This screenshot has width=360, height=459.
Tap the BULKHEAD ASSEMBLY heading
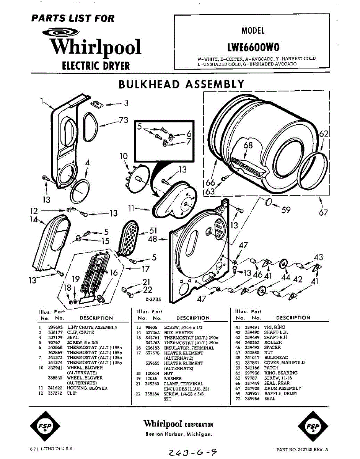pos(181,85)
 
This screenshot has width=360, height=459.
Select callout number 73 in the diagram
pos(123,121)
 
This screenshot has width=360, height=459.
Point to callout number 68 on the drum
pos(248,146)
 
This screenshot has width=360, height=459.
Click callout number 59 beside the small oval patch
pos(285,209)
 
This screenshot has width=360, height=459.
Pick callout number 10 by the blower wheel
pos(123,156)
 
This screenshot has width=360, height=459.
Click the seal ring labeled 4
pos(80,191)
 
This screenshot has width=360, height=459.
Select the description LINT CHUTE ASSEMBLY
pos(92,327)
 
